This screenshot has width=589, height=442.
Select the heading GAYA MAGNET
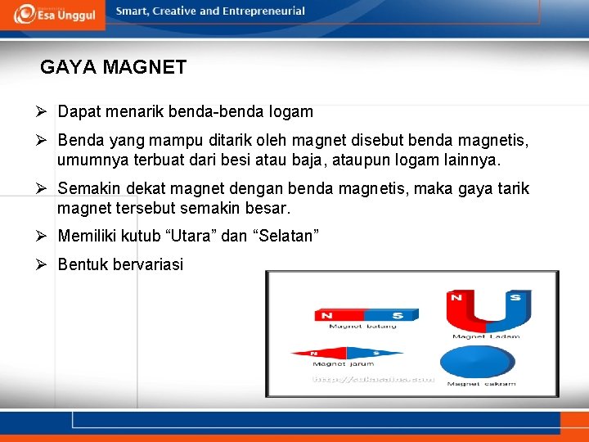(113, 67)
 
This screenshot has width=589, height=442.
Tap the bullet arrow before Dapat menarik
(47, 110)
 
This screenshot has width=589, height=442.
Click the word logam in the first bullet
(290, 111)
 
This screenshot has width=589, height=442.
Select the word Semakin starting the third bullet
(87, 189)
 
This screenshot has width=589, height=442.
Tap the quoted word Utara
(191, 236)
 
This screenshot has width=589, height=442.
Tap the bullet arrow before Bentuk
(47, 264)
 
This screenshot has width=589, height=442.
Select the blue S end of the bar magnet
(392, 315)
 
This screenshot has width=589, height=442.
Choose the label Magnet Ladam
(481, 336)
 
